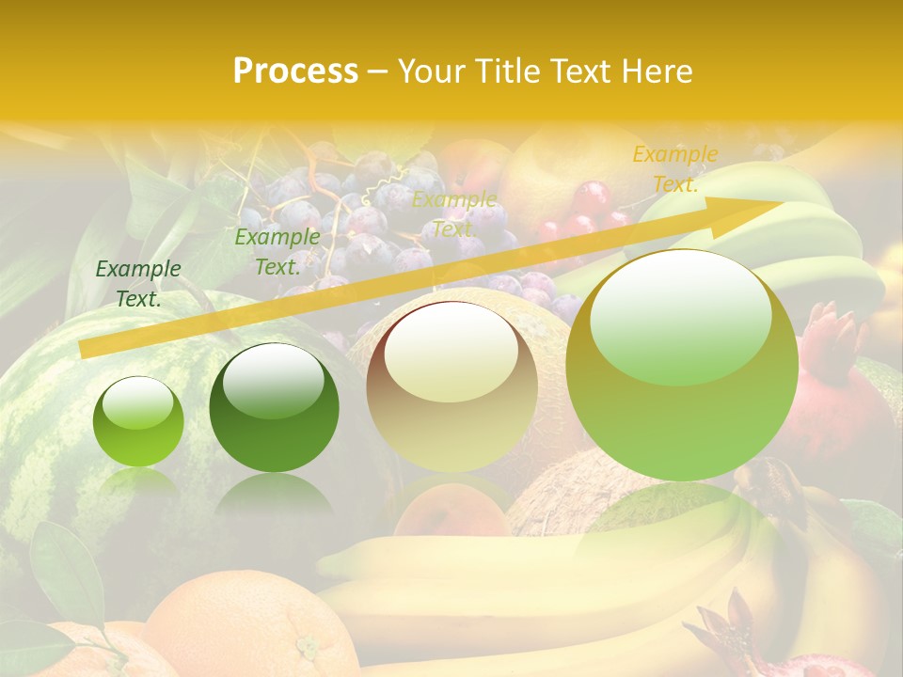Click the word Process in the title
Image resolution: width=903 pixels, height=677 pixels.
295,71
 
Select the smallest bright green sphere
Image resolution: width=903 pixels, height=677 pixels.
138,421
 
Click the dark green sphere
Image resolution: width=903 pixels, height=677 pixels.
274,408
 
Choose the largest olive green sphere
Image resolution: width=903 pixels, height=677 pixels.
682,365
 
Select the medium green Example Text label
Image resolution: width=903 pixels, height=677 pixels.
277,252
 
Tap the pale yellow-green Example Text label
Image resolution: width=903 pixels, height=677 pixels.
453,214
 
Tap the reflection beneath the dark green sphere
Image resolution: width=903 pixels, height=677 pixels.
274,494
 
